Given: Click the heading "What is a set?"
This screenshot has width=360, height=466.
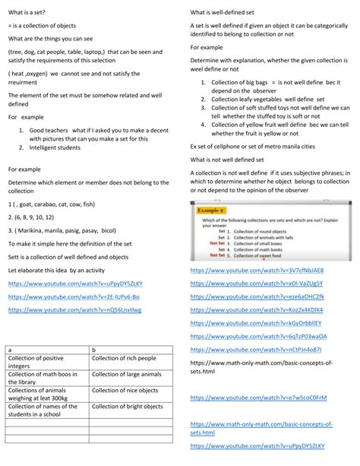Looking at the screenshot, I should [x=30, y=12].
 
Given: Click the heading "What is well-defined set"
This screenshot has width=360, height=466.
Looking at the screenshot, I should [x=227, y=12].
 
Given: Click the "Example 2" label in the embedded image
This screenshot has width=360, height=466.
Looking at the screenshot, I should [x=211, y=209].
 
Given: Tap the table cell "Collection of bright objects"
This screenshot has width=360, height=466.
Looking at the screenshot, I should [x=127, y=407].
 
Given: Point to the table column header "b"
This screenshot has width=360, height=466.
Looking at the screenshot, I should [x=94, y=350].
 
